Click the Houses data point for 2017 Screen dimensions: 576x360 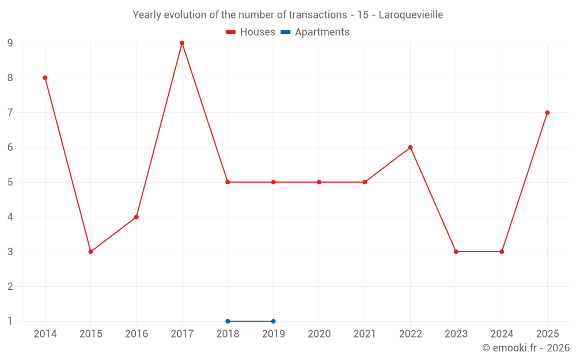click(182, 43)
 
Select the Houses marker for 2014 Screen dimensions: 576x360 click(45, 78)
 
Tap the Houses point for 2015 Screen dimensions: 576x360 click(91, 252)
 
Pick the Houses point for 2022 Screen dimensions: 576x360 click(410, 147)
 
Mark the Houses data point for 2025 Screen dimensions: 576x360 click(547, 113)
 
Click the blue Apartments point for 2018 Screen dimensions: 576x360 click(228, 321)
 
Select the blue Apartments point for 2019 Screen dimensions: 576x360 click(273, 321)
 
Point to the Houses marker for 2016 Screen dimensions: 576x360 click(137, 217)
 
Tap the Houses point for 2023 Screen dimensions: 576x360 click(456, 252)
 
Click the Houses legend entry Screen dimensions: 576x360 click(251, 32)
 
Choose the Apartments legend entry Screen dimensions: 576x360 click(315, 32)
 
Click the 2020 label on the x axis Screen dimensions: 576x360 click(319, 334)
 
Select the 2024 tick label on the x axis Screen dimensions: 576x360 click(502, 334)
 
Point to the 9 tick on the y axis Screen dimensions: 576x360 click(10, 43)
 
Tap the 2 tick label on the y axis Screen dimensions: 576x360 click(10, 286)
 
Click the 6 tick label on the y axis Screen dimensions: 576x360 click(10, 147)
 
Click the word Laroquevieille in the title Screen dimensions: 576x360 click(411, 15)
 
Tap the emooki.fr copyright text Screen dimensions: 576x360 click(526, 348)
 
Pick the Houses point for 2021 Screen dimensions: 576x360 click(365, 182)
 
